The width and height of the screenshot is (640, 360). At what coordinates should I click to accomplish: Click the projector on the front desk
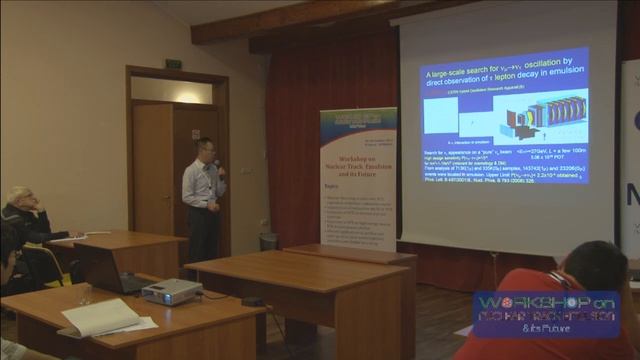(172, 291)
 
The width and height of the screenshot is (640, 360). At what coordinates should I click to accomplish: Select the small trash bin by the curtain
(268, 241)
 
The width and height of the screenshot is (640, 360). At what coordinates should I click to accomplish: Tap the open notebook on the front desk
(101, 318)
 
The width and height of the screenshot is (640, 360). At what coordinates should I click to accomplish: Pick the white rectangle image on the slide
(439, 116)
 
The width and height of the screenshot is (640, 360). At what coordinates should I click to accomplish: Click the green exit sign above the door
(174, 63)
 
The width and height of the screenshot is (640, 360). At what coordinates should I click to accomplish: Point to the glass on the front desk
(85, 295)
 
